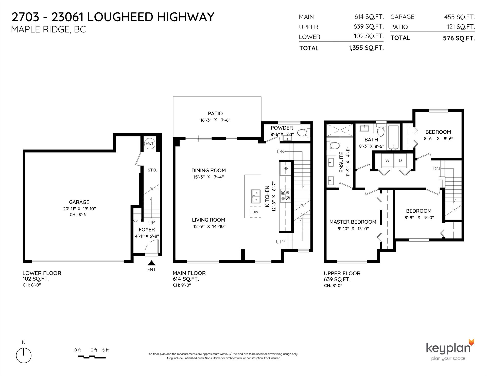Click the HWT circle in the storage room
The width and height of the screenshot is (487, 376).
[149, 144]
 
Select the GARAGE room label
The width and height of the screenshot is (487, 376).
[79, 202]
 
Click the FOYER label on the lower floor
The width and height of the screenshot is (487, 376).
[147, 229]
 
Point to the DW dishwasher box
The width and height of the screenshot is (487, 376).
[255, 212]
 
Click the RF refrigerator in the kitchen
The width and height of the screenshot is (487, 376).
[286, 168]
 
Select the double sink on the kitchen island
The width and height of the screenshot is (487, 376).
[256, 196]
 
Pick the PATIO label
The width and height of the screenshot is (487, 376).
[215, 114]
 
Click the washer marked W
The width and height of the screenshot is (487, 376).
[387, 160]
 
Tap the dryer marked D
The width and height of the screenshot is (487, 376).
[400, 160]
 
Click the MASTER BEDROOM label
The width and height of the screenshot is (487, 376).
[353, 222]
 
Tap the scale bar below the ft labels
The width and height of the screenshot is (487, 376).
[92, 357]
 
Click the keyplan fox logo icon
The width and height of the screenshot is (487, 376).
[471, 342]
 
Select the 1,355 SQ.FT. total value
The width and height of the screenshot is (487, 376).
[366, 48]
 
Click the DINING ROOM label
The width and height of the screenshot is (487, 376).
[208, 170]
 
